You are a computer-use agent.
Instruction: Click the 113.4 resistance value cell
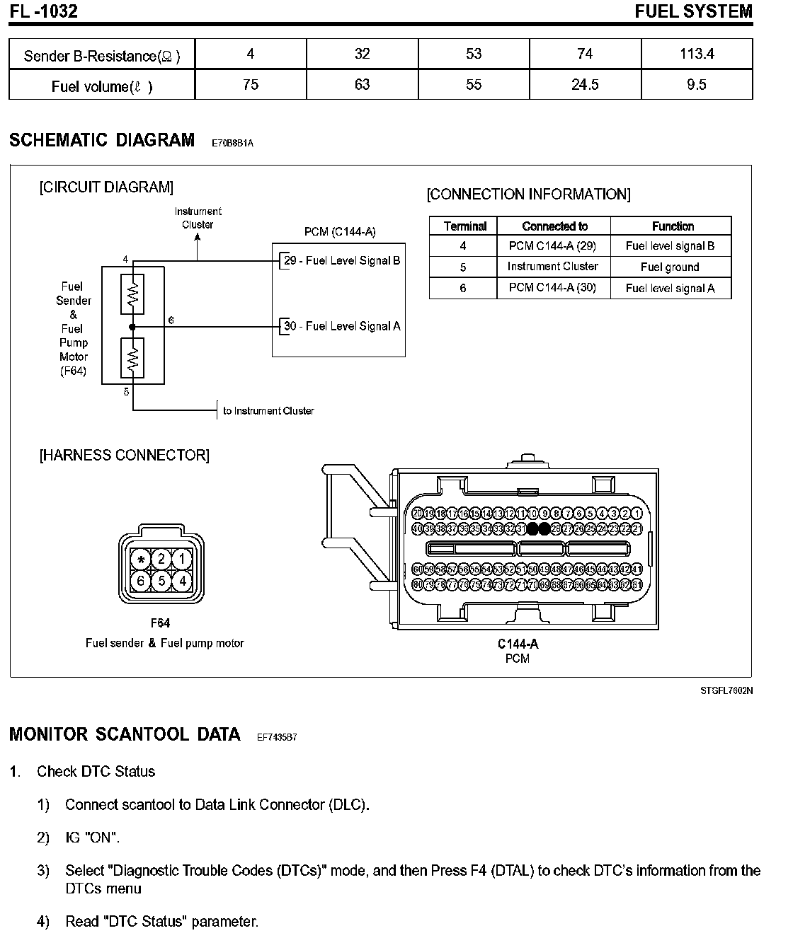pyautogui.click(x=697, y=54)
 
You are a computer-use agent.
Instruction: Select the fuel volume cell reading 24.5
pyautogui.click(x=585, y=85)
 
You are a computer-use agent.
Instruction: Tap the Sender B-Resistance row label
pyautogui.click(x=102, y=56)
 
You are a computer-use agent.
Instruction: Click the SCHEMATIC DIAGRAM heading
pyautogui.click(x=102, y=140)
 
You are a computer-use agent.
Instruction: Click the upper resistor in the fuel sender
pyautogui.click(x=132, y=294)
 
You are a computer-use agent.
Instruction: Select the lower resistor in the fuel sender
pyautogui.click(x=132, y=358)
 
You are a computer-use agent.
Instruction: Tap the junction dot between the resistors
pyautogui.click(x=132, y=326)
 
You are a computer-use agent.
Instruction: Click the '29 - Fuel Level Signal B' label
pyautogui.click(x=342, y=261)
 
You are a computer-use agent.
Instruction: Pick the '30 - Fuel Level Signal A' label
pyautogui.click(x=342, y=326)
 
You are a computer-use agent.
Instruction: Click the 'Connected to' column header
pyautogui.click(x=554, y=226)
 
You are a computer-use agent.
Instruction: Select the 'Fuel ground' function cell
pyautogui.click(x=670, y=267)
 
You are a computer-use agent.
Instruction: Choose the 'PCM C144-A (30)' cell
pyautogui.click(x=552, y=288)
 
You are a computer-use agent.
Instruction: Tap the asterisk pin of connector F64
pyautogui.click(x=142, y=560)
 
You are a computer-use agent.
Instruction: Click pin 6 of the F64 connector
pyautogui.click(x=142, y=581)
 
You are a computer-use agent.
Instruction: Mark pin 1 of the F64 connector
pyautogui.click(x=183, y=560)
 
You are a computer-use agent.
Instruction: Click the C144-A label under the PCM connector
pyautogui.click(x=518, y=644)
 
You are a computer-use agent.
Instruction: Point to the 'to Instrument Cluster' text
pyautogui.click(x=268, y=411)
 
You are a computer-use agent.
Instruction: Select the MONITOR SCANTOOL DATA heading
pyautogui.click(x=125, y=734)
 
